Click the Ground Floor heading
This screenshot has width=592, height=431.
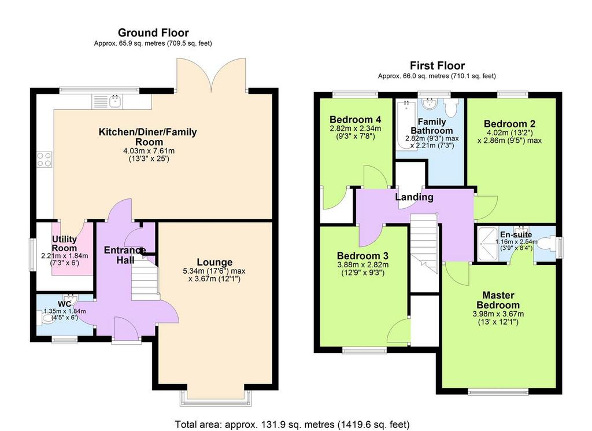(x=153, y=33)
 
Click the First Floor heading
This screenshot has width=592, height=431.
(x=437, y=65)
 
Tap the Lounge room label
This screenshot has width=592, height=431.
(x=214, y=262)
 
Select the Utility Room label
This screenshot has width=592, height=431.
(x=64, y=243)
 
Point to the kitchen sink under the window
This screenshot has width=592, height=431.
(x=116, y=102)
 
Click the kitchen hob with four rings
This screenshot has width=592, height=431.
(x=44, y=159)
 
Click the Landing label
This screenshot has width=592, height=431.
(x=414, y=197)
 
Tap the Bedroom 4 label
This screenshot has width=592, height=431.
(x=351, y=120)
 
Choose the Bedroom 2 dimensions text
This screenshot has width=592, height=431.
(x=509, y=137)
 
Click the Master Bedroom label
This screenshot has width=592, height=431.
(x=498, y=300)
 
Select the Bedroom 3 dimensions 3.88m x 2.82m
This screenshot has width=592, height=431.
(x=362, y=266)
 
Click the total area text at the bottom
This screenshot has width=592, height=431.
(x=293, y=423)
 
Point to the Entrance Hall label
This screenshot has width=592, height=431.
(x=124, y=255)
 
